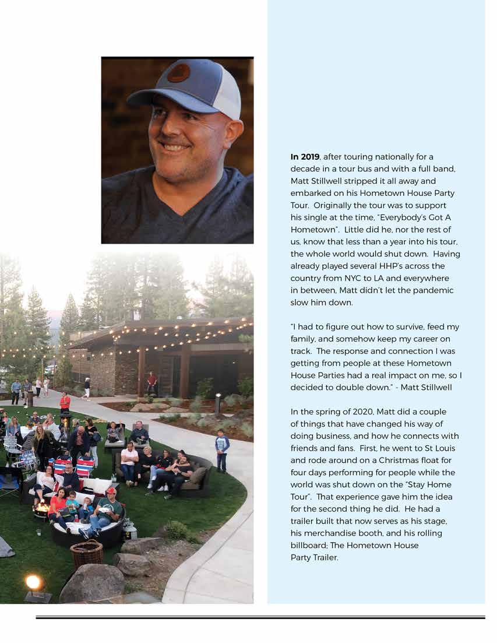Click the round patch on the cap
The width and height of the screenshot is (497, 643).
click(178, 73)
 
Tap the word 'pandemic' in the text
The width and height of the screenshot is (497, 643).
click(430, 290)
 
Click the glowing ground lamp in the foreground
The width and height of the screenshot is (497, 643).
click(34, 582)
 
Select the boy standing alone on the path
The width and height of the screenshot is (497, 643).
click(222, 450)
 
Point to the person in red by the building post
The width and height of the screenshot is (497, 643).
click(151, 383)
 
